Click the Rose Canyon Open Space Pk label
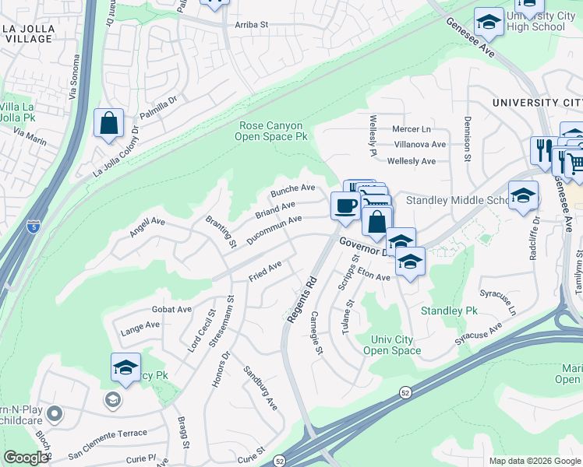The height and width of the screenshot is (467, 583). coord(272,131)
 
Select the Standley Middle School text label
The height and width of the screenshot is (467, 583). coord(456,201)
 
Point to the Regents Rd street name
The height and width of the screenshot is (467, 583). coord(299,299)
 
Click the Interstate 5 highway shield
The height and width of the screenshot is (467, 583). coord(33,227)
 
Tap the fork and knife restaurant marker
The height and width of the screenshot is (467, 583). coord(542,149)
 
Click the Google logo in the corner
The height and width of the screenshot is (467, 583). coord(26,457)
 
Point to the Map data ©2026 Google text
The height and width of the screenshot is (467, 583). coord(535,461)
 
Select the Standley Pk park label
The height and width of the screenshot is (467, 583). coord(449,311)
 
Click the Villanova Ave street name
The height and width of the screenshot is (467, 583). coord(419,145)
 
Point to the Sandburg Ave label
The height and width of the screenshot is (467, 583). coord(260,388)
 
